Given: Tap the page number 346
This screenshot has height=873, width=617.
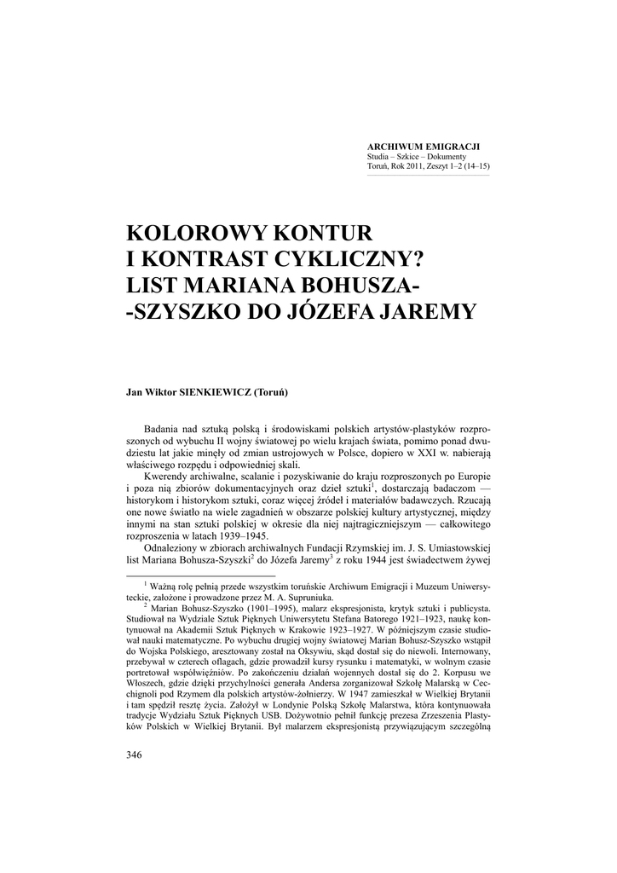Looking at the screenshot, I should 133,754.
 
